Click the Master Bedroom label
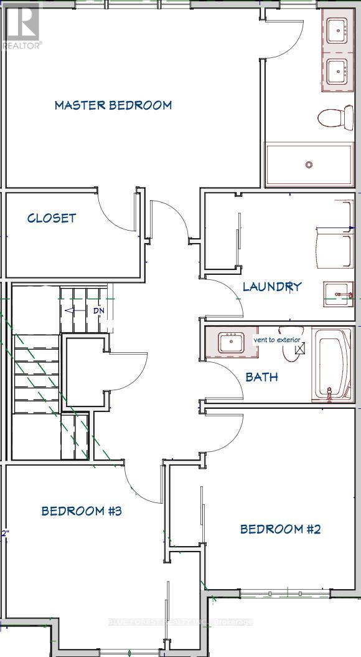[113, 105]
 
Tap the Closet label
[52, 218]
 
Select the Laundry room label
[272, 286]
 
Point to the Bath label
[261, 376]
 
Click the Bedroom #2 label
[280, 529]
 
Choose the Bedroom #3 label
[81, 511]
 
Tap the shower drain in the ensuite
[309, 165]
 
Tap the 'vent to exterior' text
[277, 340]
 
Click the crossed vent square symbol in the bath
[300, 349]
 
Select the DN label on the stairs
[98, 310]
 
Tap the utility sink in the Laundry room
[337, 293]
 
